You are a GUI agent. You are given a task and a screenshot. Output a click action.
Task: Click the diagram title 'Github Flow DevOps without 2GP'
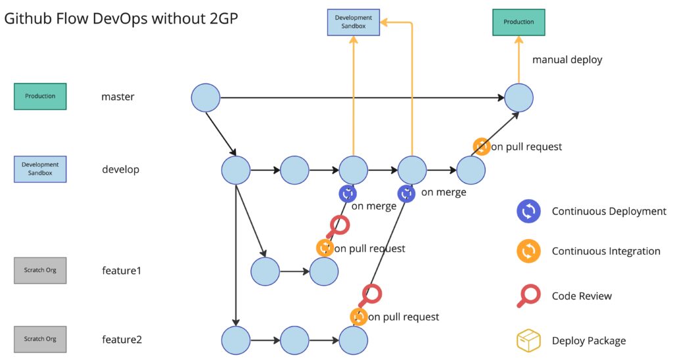(121, 19)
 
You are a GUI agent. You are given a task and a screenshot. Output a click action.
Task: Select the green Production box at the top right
(519, 22)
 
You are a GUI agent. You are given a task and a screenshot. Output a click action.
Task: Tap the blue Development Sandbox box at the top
(354, 22)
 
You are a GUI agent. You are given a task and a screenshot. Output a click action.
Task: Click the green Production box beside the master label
(40, 96)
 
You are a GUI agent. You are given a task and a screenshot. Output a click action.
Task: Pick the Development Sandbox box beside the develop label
(40, 169)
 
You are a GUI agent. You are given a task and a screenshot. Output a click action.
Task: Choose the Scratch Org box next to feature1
(40, 270)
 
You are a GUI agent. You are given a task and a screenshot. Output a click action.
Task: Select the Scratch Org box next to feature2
(40, 340)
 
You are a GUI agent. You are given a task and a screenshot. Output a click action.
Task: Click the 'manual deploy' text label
(567, 60)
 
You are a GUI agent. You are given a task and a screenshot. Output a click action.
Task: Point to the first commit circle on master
(206, 97)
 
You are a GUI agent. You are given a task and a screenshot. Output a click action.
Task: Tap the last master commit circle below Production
(519, 97)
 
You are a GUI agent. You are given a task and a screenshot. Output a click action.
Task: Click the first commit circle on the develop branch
(236, 170)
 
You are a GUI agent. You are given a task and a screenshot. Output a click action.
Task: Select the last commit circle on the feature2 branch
(354, 340)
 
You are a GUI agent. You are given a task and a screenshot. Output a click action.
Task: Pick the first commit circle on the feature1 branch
(266, 271)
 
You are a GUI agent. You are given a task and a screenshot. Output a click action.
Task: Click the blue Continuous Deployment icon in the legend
(529, 212)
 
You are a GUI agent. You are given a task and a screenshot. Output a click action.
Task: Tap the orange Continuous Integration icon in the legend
(529, 251)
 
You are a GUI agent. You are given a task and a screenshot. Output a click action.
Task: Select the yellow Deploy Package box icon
(528, 340)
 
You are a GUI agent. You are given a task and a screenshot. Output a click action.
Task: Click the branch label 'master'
(118, 97)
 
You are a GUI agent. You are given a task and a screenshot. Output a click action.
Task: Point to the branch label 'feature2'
(122, 340)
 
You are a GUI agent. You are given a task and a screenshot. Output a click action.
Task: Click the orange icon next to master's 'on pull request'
(481, 146)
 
